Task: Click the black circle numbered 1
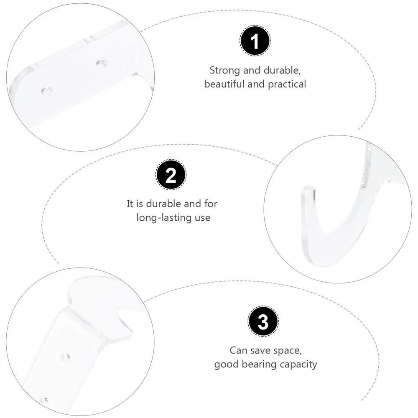(x=255, y=41)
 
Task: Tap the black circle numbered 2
(x=171, y=175)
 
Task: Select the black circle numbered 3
(x=263, y=321)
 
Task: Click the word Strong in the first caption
(x=225, y=71)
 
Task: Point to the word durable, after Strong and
(x=282, y=70)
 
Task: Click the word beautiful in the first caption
(x=224, y=84)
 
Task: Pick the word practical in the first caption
(x=287, y=84)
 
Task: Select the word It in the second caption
(x=130, y=204)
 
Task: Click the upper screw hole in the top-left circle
(x=102, y=64)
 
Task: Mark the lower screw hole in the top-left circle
(x=47, y=91)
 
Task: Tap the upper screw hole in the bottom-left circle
(x=66, y=357)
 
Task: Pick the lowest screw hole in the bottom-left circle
(x=45, y=400)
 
